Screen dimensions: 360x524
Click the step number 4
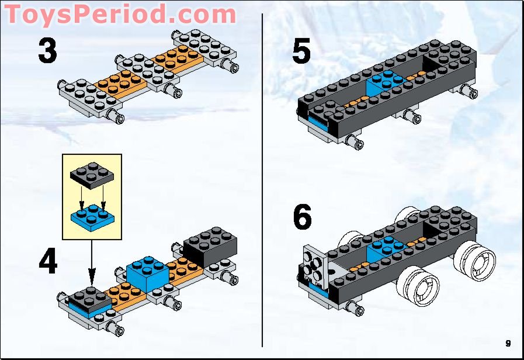(48, 262)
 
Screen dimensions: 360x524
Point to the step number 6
(302, 217)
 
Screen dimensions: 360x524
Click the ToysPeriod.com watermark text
(120, 14)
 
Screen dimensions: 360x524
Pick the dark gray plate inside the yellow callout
(92, 174)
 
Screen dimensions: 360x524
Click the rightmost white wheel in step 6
(476, 262)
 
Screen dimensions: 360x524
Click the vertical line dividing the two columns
(262, 175)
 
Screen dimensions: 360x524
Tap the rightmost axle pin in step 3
(235, 68)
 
